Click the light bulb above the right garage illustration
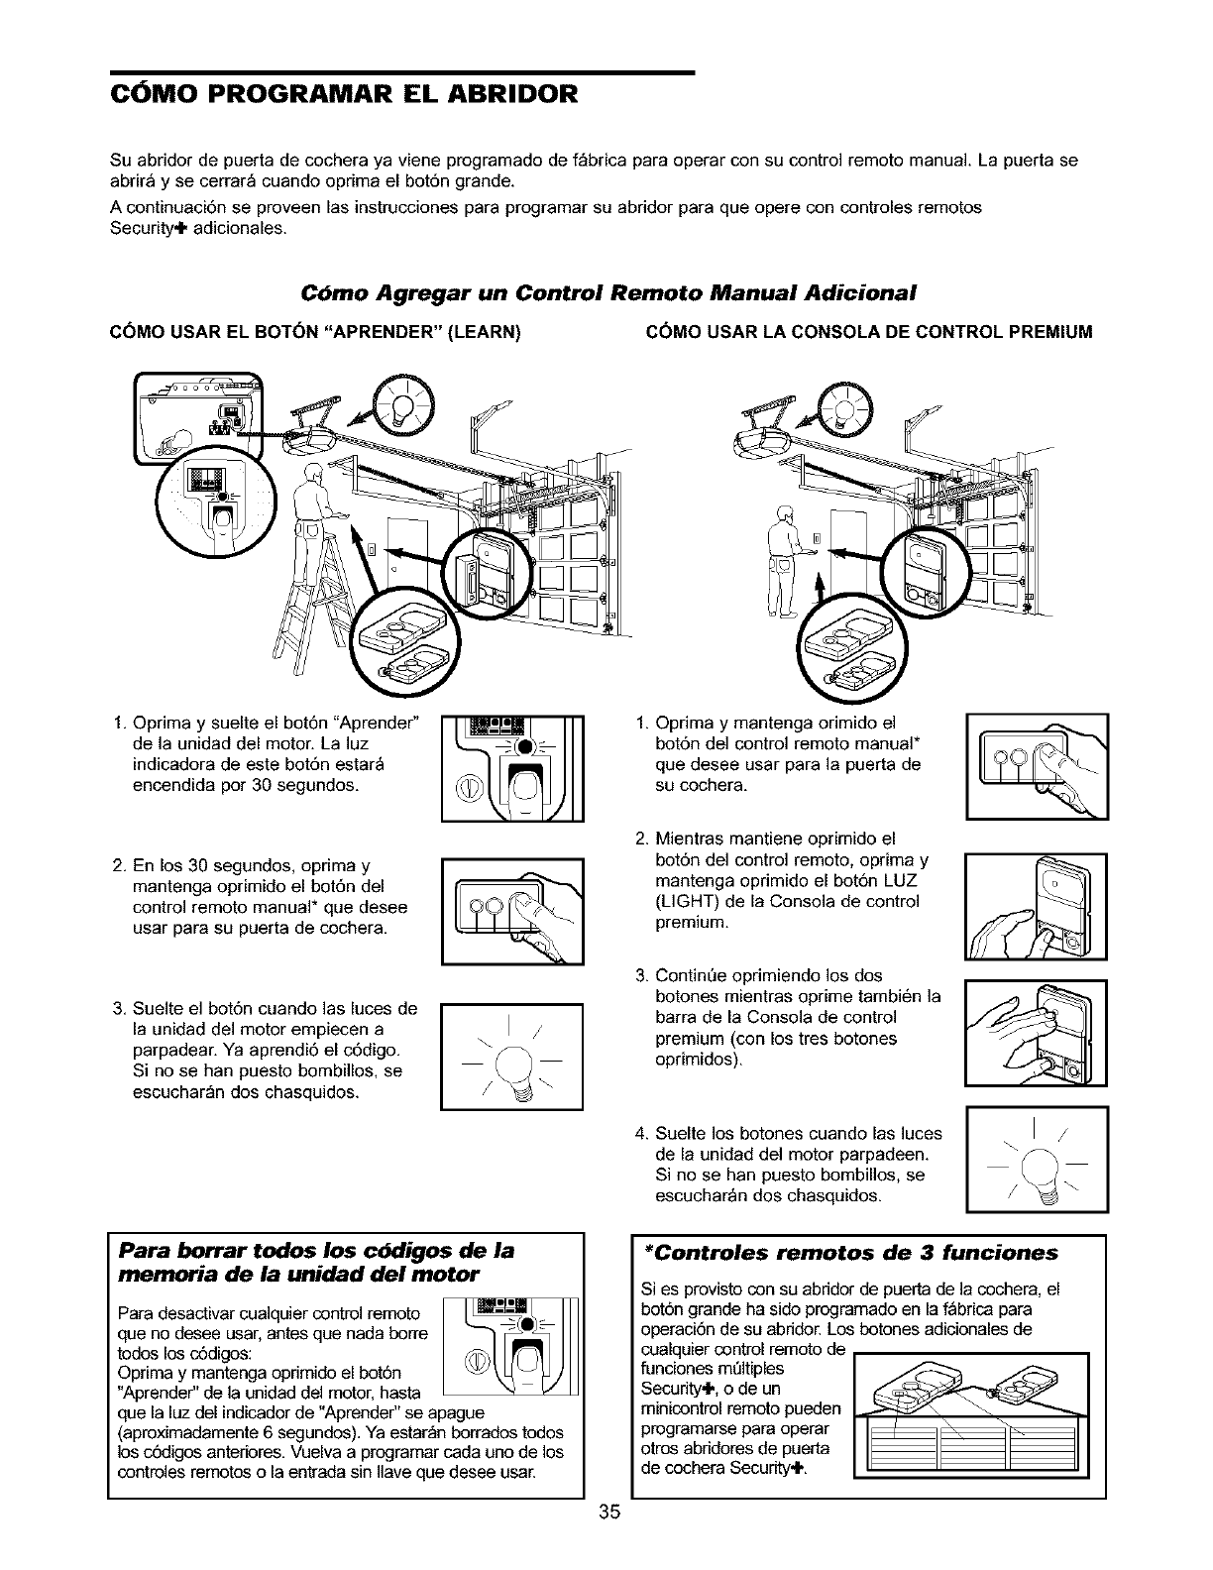[x=842, y=409]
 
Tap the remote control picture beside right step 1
[x=1038, y=765]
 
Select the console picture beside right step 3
[x=1038, y=1033]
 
